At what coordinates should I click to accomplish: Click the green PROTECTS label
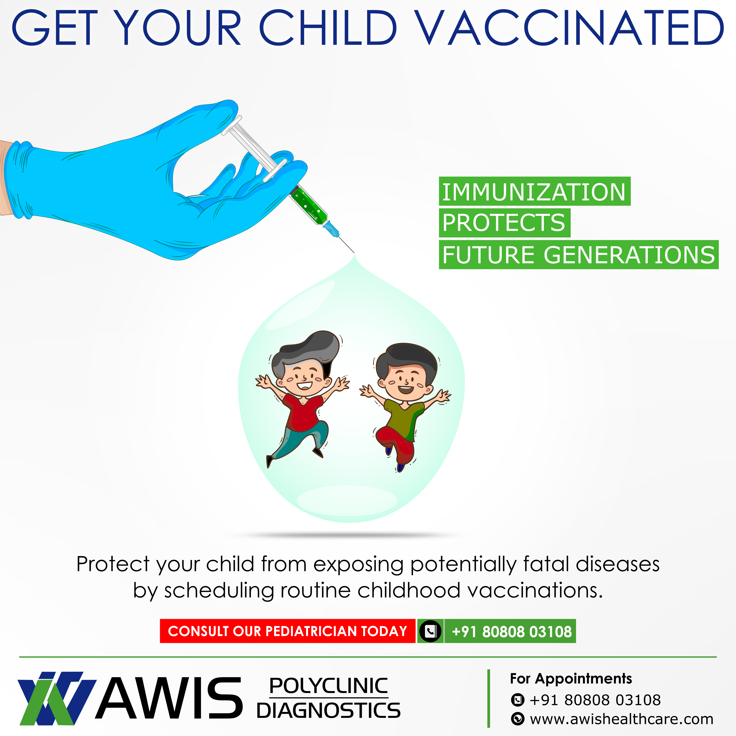504,223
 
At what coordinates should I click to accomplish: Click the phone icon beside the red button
430,632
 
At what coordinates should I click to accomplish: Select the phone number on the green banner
512,632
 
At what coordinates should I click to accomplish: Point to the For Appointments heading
571,678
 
